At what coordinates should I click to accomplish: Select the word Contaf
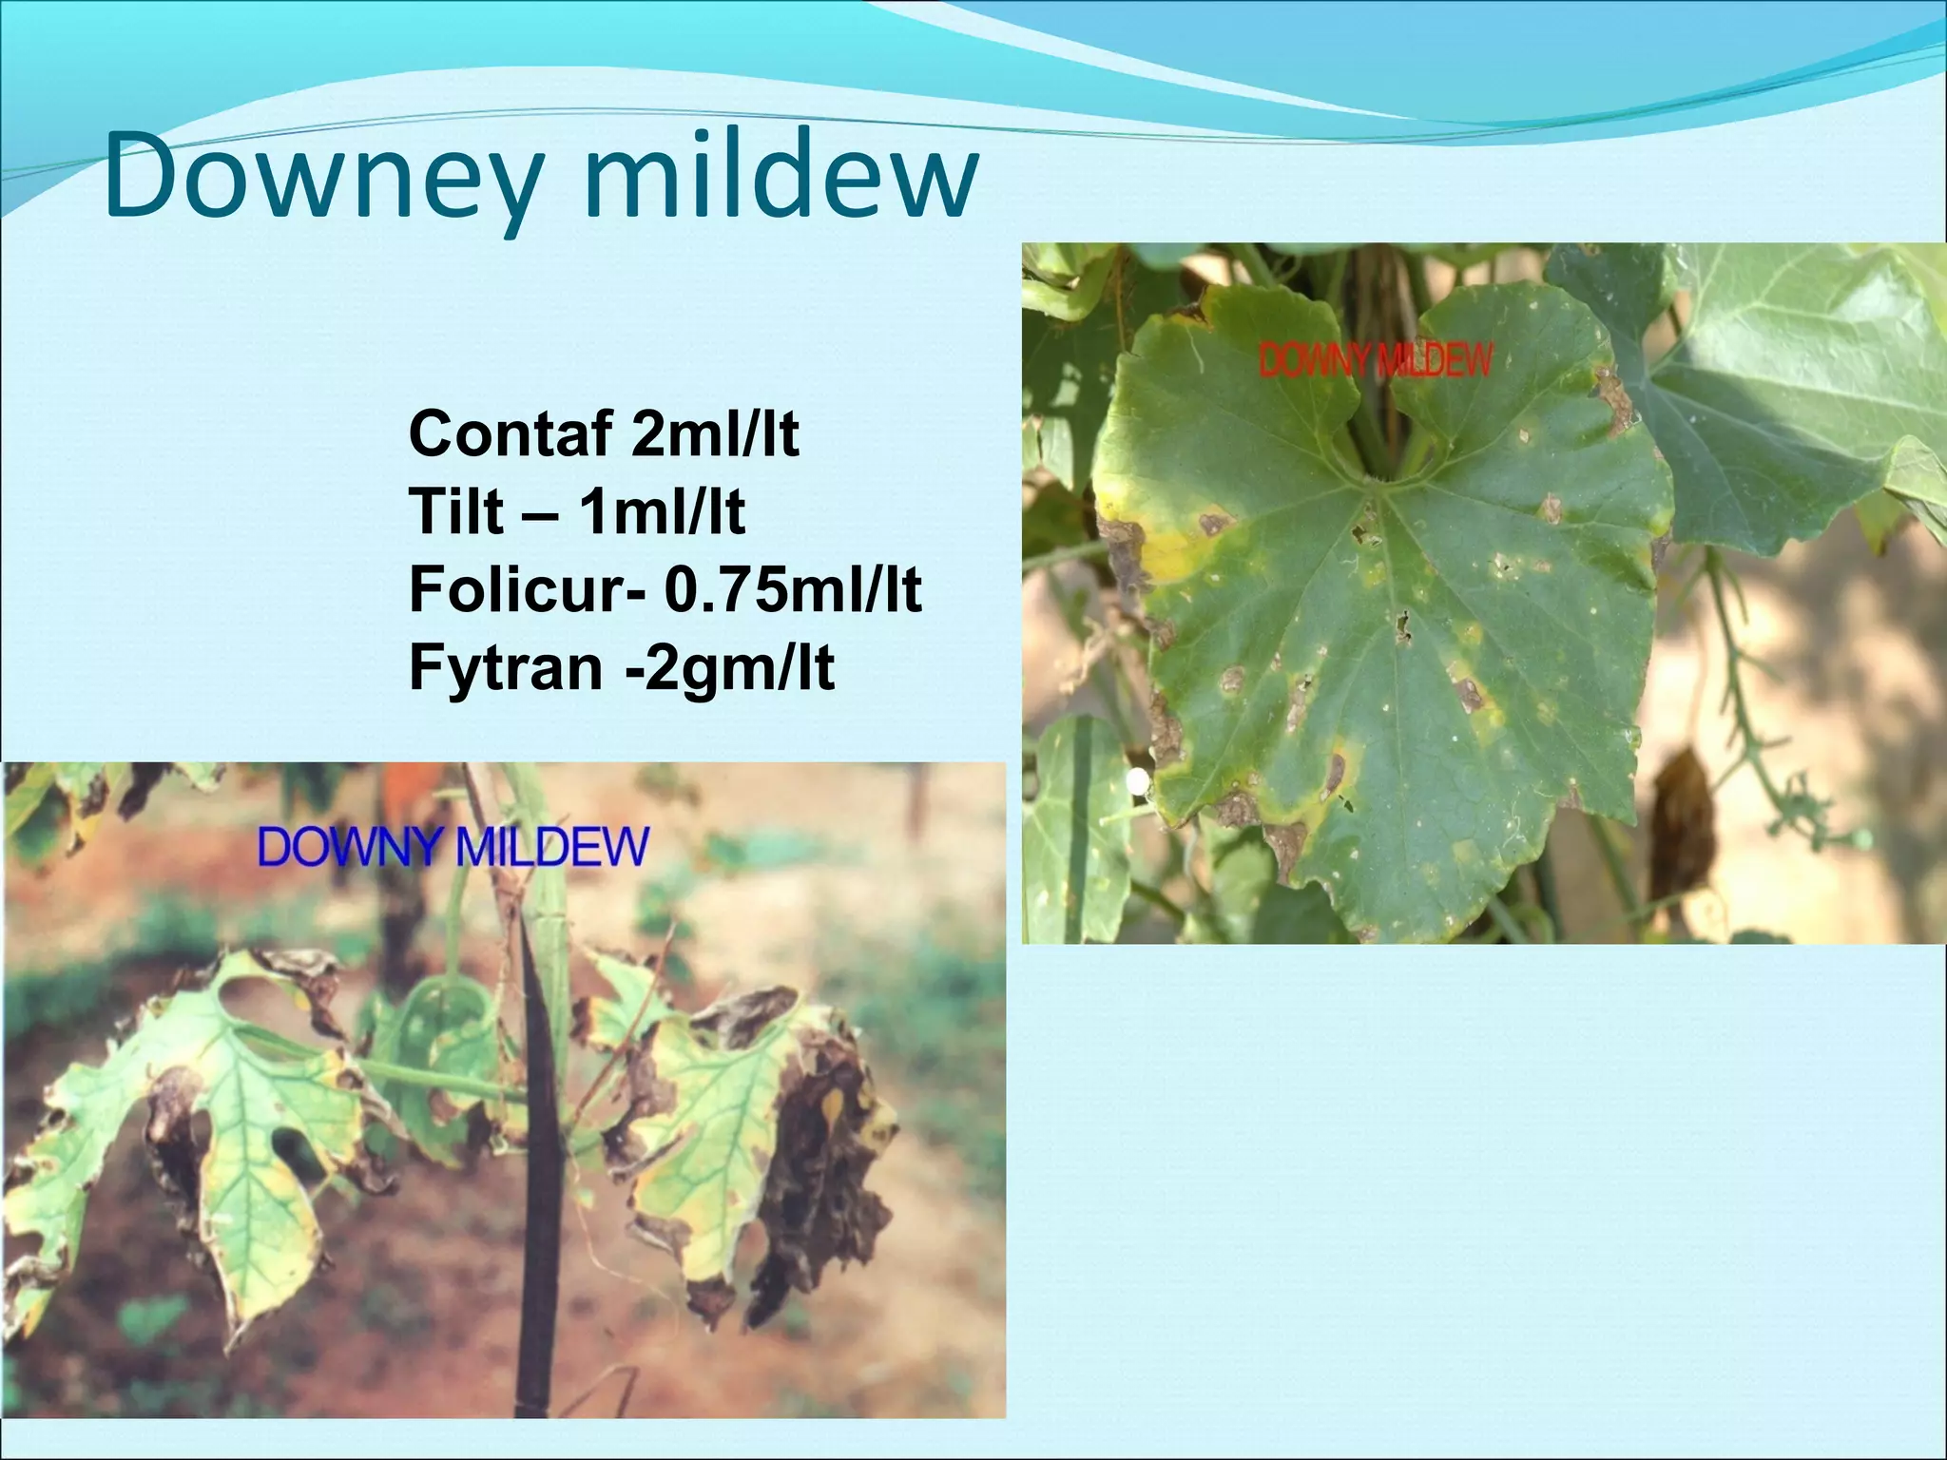pyautogui.click(x=511, y=434)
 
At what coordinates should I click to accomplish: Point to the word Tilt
pyautogui.click(x=455, y=512)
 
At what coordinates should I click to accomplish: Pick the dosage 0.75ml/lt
pyautogui.click(x=792, y=590)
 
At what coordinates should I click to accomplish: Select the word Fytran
pyautogui.click(x=505, y=668)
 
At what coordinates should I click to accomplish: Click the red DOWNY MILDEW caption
pyautogui.click(x=1376, y=361)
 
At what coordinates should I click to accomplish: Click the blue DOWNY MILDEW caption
pyautogui.click(x=453, y=847)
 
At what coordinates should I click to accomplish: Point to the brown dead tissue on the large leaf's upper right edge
pyautogui.click(x=1614, y=399)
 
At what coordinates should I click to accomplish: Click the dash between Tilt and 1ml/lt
pyautogui.click(x=541, y=514)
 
